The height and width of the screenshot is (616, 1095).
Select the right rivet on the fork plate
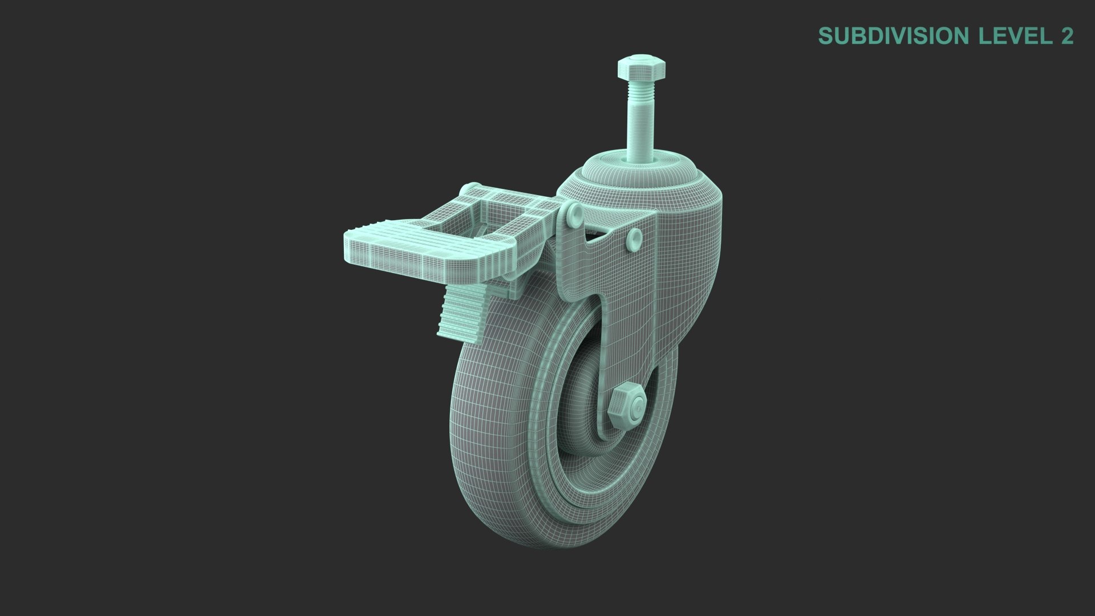tap(634, 238)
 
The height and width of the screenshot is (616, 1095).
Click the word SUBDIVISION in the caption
tap(894, 36)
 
